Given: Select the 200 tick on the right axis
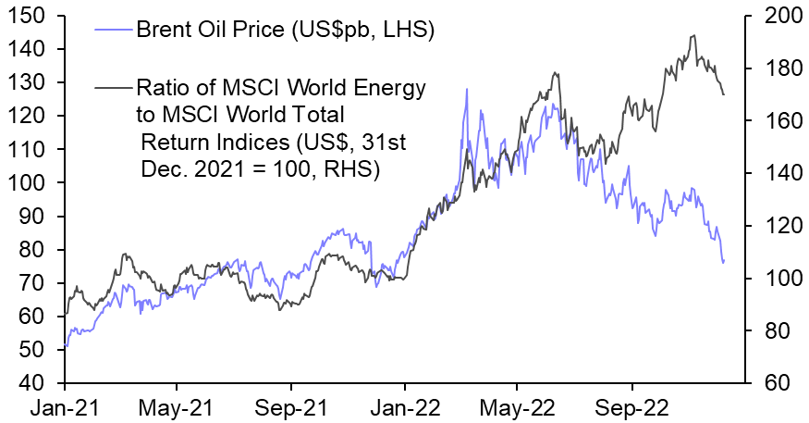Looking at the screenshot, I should (778, 16).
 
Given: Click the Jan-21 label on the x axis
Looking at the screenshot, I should (65, 406).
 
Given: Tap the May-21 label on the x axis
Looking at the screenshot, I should (178, 406).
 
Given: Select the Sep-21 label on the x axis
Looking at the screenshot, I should (291, 406).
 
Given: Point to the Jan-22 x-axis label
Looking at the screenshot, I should (404, 406).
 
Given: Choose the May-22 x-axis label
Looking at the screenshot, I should (518, 406).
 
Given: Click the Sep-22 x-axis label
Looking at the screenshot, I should (631, 406).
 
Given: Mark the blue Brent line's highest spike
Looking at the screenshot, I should (467, 89).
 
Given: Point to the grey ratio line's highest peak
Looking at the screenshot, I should (693, 35).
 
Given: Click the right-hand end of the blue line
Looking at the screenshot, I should (724, 261).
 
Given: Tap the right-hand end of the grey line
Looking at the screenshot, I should (724, 94).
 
